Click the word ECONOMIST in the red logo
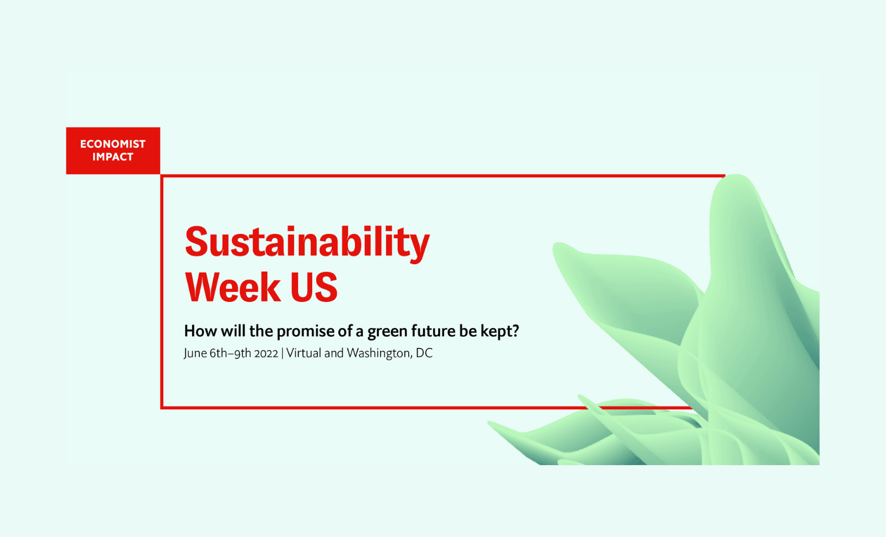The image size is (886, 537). point(113,144)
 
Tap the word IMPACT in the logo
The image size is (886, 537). point(113,157)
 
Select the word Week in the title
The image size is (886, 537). point(233,287)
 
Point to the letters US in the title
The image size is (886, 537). point(313,287)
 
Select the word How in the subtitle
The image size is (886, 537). point(200,331)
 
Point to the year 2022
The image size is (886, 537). point(266,353)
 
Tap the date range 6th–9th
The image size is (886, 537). point(230,353)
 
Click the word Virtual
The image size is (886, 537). point(304,353)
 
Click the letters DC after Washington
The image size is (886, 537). point(424,353)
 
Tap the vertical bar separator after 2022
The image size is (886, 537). point(282,353)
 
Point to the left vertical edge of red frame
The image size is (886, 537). point(162,292)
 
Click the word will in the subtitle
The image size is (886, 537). point(233,331)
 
